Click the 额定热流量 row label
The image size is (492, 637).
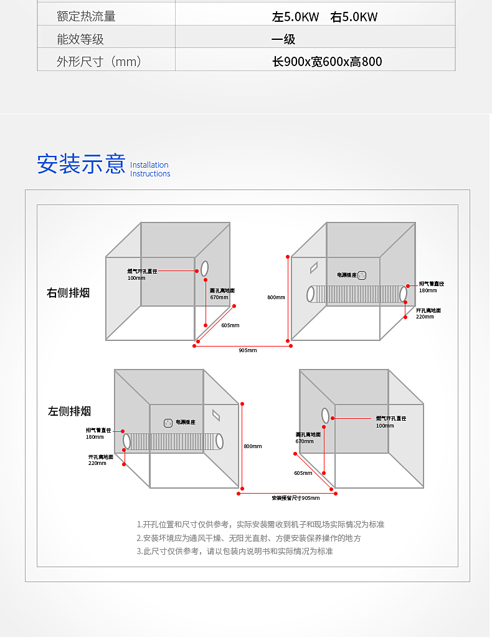pos(86,16)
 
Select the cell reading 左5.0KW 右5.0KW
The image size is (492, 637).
pos(324,17)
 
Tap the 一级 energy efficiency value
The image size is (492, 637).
pos(283,39)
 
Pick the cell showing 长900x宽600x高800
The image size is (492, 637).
pos(327,62)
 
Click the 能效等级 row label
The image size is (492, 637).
pos(80,39)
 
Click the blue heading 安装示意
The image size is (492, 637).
pos(81,164)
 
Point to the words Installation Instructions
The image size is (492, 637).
pos(150,170)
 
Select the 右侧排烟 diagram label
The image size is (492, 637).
pos(69,292)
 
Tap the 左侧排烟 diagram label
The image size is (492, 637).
pos(70,411)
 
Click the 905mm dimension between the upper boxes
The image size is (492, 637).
pos(247,350)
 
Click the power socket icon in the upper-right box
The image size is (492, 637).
pos(362,275)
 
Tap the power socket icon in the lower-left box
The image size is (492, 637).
pos(168,423)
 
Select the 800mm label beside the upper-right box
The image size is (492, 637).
pos(276,297)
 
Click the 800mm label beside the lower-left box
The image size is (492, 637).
pos(252,446)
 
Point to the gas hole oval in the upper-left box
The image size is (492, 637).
pos(204,269)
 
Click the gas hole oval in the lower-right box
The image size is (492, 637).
pos(325,415)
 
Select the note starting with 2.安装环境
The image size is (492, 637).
pos(248,538)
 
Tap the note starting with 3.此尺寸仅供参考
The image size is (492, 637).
pos(235,552)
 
